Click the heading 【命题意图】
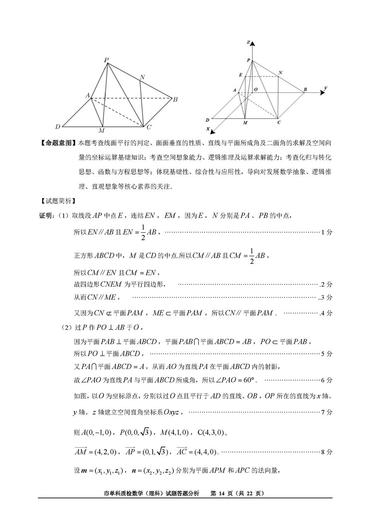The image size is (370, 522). coord(57,144)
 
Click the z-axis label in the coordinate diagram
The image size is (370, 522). coord(248,42)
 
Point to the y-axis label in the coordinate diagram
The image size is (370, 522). coord(326,87)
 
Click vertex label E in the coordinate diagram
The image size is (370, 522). coord(240,74)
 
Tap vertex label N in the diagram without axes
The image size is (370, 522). coord(142,77)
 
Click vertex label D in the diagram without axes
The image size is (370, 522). coord(57,127)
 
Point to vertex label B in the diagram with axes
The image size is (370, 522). coord(305,89)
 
